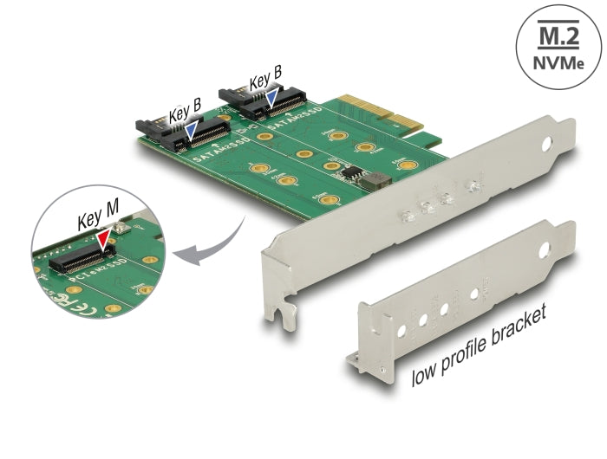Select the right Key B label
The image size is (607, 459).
pos(264,83)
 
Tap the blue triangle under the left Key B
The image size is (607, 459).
pos(193,131)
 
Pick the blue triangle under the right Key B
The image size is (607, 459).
pos(272,101)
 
